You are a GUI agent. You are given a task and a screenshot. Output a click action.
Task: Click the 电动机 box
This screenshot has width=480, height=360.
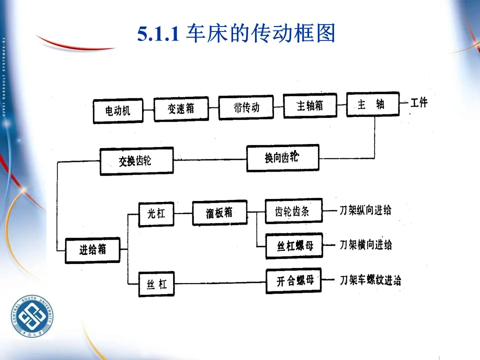[x=118, y=111]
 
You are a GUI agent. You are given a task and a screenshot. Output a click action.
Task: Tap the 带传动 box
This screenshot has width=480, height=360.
[x=246, y=107]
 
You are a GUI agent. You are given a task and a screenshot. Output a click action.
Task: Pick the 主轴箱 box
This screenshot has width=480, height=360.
[x=310, y=106]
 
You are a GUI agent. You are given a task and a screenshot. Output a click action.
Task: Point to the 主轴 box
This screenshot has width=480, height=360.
[x=372, y=104]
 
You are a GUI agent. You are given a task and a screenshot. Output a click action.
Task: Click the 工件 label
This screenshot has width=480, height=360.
[x=419, y=103]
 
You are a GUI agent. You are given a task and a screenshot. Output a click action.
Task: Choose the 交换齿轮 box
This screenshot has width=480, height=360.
[x=136, y=161]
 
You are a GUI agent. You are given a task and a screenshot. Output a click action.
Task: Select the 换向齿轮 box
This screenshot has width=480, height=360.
[x=282, y=158]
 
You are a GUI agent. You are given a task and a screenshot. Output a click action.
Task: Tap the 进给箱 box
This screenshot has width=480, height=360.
[x=92, y=249]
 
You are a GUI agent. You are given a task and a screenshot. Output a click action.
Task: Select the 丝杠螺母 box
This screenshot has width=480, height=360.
[x=294, y=246]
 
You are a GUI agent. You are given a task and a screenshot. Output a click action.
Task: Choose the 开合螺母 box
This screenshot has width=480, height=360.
[x=293, y=281]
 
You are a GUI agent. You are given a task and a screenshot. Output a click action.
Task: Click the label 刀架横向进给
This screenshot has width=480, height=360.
[x=365, y=245]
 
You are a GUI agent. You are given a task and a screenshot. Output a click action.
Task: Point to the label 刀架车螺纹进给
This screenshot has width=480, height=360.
[x=370, y=280]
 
